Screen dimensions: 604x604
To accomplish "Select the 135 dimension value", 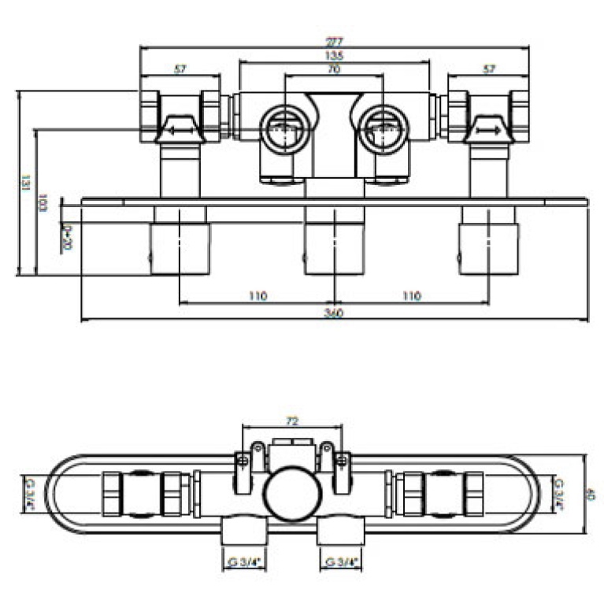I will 335,55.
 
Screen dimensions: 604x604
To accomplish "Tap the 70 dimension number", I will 334,70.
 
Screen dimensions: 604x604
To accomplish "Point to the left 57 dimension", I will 180,70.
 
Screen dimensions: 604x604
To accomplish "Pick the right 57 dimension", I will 488,70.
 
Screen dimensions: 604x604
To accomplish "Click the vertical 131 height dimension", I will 24,182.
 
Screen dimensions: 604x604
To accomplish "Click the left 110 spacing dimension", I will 258,296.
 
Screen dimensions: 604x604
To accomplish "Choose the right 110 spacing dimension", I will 411,296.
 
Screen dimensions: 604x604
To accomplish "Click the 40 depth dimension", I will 591,495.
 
